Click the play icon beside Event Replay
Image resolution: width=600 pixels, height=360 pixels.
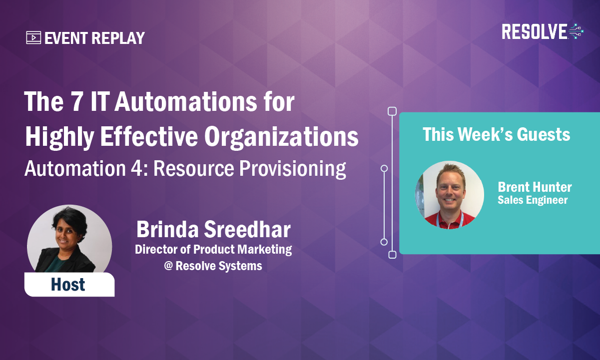pos(33,38)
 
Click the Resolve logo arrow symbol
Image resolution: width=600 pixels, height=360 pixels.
pos(576,31)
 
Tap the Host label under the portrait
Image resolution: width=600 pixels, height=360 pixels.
pos(68,285)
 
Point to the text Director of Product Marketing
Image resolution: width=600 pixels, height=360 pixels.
pos(213,249)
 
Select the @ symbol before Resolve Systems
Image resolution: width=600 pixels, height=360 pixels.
pos(168,266)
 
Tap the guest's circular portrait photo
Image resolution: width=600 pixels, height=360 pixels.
pos(450,195)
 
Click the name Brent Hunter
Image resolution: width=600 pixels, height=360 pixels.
pos(535,187)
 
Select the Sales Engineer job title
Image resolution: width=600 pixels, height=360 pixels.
pos(533,200)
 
